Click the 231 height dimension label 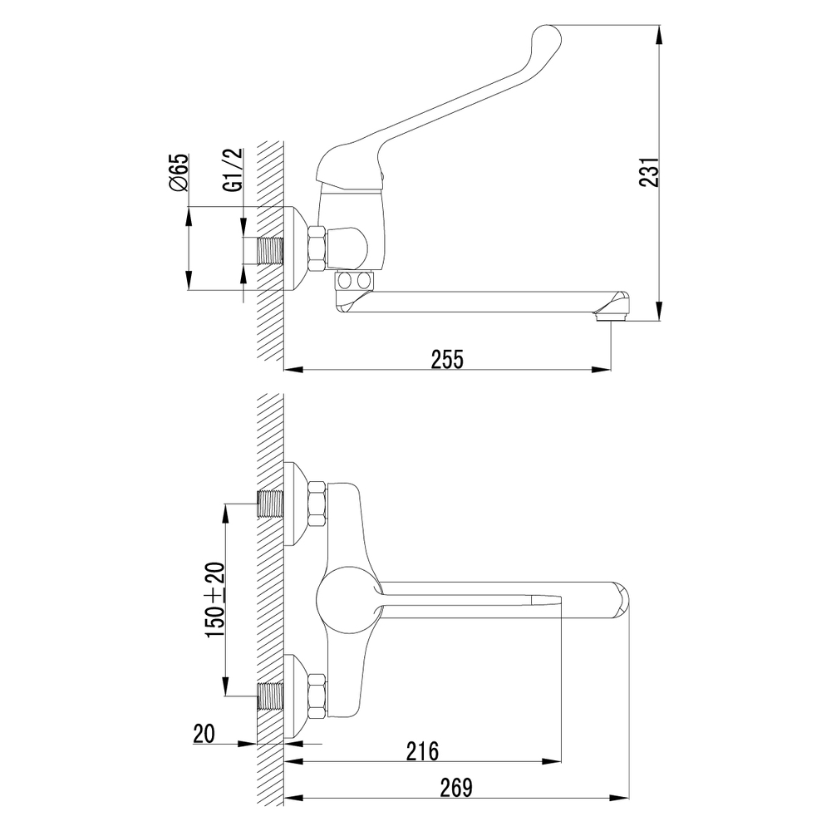click(649, 172)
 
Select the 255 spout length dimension click(447, 359)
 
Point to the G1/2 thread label click(234, 170)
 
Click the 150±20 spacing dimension click(216, 600)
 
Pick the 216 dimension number click(422, 751)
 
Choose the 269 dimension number click(455, 788)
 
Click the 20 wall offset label click(204, 734)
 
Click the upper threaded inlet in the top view click(270, 504)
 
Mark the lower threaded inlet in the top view click(270, 696)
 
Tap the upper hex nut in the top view click(317, 504)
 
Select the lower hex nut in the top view click(317, 696)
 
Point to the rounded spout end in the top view click(620, 601)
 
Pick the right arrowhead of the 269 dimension click(620, 797)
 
